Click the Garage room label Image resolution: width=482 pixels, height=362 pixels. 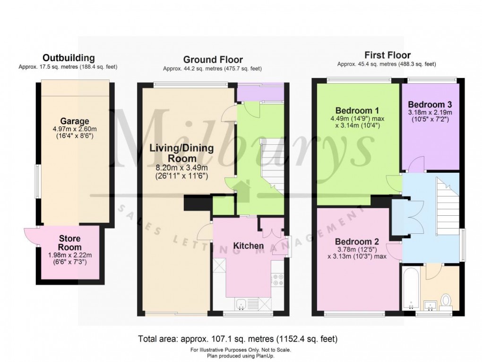[x=75, y=122]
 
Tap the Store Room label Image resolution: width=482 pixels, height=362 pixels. [x=69, y=243]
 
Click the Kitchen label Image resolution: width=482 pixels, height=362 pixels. [x=248, y=246]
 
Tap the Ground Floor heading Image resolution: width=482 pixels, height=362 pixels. [x=213, y=60]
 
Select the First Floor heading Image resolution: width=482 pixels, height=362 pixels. [x=387, y=55]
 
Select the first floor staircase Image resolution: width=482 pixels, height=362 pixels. [x=447, y=199]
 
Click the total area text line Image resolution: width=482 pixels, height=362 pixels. [x=237, y=339]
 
